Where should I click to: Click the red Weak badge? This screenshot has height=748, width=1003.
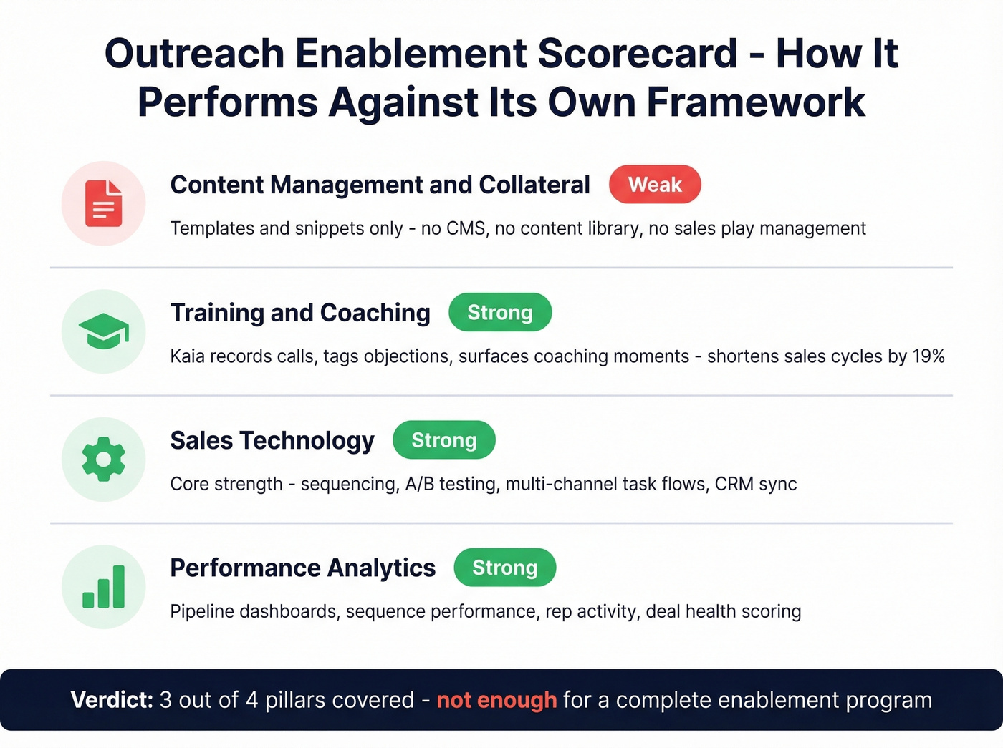pyautogui.click(x=655, y=185)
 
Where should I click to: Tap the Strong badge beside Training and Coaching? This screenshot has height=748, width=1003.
pyautogui.click(x=500, y=313)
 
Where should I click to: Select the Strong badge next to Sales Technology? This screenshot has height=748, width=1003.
pyautogui.click(x=443, y=440)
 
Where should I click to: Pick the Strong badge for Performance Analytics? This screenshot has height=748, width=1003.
pyautogui.click(x=504, y=568)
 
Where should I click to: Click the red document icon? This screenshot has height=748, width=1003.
pyautogui.click(x=104, y=203)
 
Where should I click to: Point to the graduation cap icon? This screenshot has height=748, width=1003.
pyautogui.click(x=104, y=331)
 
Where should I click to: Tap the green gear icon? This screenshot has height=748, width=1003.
pyautogui.click(x=104, y=459)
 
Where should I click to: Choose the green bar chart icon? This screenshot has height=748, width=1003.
pyautogui.click(x=104, y=587)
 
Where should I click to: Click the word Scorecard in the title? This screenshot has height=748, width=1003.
pyautogui.click(x=638, y=54)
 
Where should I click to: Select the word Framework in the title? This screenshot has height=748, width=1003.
pyautogui.click(x=756, y=102)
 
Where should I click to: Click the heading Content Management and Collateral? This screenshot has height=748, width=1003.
pyautogui.click(x=380, y=185)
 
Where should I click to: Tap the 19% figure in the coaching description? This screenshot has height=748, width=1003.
pyautogui.click(x=928, y=356)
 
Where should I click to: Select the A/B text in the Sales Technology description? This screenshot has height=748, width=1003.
pyautogui.click(x=419, y=484)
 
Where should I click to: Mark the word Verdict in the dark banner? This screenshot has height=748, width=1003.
pyautogui.click(x=112, y=700)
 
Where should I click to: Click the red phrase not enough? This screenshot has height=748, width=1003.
pyautogui.click(x=496, y=700)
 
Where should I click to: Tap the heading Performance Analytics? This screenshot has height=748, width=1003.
pyautogui.click(x=302, y=568)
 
